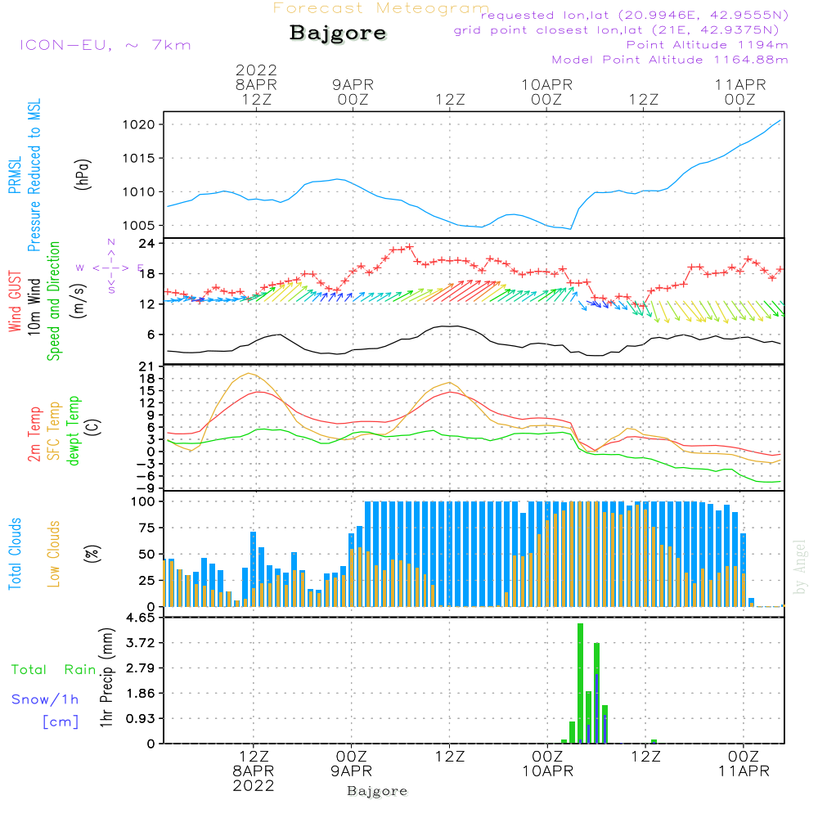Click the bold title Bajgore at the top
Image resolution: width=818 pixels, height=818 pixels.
click(338, 34)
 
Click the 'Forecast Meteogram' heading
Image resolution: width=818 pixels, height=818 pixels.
click(380, 8)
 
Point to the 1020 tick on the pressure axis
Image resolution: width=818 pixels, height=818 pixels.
click(142, 124)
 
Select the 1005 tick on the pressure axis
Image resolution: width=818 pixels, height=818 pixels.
click(142, 226)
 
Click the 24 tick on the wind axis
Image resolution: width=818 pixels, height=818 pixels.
click(146, 244)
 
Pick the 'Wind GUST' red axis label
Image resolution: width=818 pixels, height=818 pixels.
click(15, 299)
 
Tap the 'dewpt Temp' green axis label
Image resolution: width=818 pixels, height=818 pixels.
click(74, 431)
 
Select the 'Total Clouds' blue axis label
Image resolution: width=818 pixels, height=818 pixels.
click(15, 553)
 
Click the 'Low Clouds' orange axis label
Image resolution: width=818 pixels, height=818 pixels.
click(54, 553)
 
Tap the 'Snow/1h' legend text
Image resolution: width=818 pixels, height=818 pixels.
click(46, 699)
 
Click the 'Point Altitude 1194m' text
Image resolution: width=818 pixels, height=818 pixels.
click(707, 44)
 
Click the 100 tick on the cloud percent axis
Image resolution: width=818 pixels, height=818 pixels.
click(143, 501)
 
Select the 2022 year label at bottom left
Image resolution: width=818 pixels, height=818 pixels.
click(253, 785)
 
